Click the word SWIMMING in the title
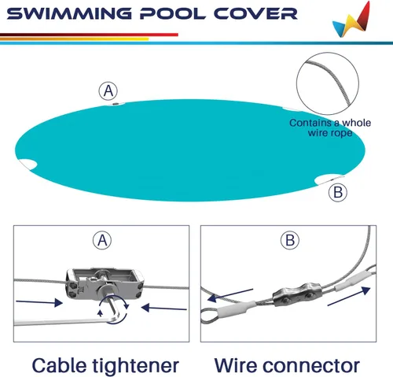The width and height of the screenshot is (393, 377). tap(69, 13)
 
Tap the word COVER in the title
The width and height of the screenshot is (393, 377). tap(255, 13)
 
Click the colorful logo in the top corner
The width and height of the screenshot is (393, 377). tap(351, 20)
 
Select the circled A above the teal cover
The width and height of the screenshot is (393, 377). tap(108, 91)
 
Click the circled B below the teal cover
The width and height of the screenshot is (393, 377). tap(338, 192)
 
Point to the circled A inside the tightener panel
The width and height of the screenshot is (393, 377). tap(102, 240)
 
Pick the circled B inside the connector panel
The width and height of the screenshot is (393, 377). tap(290, 240)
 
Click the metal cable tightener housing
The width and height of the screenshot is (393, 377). tap(105, 283)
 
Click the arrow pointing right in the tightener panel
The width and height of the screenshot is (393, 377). tap(39, 302)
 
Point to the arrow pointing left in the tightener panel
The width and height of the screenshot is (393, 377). tap(164, 308)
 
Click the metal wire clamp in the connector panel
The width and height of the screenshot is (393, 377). tap(297, 294)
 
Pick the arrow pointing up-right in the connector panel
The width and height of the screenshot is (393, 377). tap(349, 296)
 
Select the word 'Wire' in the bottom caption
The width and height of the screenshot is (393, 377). tap(236, 366)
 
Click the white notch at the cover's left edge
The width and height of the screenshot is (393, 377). tap(28, 164)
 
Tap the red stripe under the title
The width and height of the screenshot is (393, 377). tap(89, 35)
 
